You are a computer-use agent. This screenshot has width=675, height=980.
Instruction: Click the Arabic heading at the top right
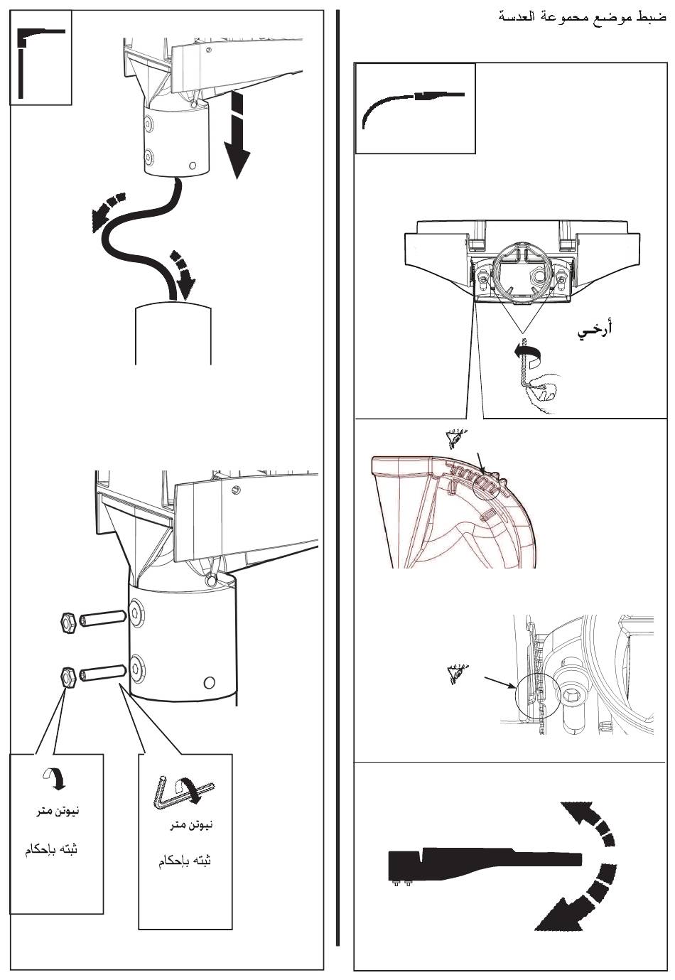583,16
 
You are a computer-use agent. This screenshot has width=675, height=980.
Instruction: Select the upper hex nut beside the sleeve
69,622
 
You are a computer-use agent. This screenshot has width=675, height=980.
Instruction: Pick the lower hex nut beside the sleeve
67,677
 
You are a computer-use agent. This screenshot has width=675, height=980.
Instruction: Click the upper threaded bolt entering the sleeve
102,619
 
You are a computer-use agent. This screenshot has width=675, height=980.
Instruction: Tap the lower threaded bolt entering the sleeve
103,672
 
